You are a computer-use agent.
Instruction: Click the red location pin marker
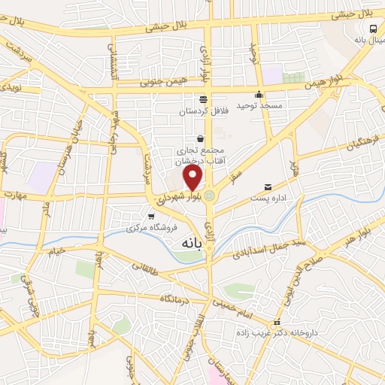tap(193, 178)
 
